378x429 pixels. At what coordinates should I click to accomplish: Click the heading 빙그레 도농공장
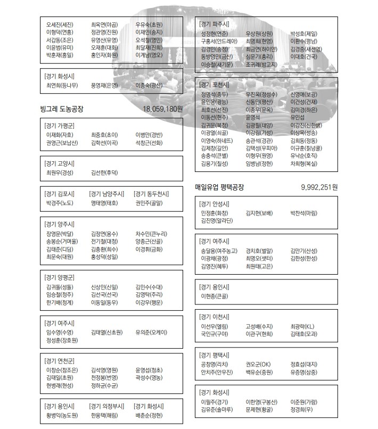click(x=62, y=109)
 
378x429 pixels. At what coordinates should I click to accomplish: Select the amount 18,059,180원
click(x=163, y=109)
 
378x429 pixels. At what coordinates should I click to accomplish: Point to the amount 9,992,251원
click(x=319, y=187)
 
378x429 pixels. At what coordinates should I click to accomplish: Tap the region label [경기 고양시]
click(x=60, y=163)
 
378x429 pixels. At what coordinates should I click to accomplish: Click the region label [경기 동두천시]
click(x=152, y=194)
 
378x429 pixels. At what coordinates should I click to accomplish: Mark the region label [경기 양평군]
click(x=60, y=277)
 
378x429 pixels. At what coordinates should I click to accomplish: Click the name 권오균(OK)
click(x=258, y=365)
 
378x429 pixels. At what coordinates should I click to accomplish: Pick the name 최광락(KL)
click(x=302, y=326)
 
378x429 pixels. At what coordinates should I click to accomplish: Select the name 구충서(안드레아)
click(x=219, y=40)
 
